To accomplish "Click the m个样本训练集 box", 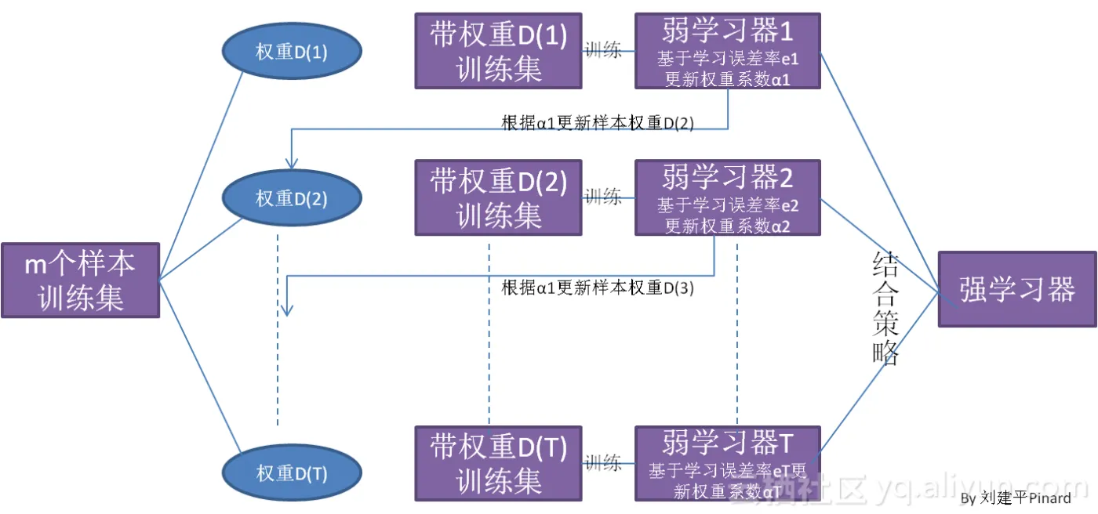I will pos(80,280).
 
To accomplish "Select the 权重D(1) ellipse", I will pos(292,52).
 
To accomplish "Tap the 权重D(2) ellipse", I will pos(292,198).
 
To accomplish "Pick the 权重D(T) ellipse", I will pos(292,473).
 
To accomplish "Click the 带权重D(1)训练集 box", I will pos(498,50).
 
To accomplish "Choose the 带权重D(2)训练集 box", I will pos(498,197).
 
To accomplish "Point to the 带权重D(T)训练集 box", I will pos(498,463).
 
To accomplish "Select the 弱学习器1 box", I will pos(727,50).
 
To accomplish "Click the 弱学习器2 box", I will pos(727,197).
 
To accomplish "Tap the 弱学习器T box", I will pos(727,463).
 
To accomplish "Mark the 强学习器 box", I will pos(1017,289).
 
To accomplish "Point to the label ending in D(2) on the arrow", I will pos(598,123).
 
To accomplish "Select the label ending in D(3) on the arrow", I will pos(598,288).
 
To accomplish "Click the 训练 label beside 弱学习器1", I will pos(603,51).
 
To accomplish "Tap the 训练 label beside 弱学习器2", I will pos(603,197).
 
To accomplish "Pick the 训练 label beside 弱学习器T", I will pos(603,463).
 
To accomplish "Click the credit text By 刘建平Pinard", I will pos(1016,498).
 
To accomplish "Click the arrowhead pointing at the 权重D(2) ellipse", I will pos(291,163).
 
